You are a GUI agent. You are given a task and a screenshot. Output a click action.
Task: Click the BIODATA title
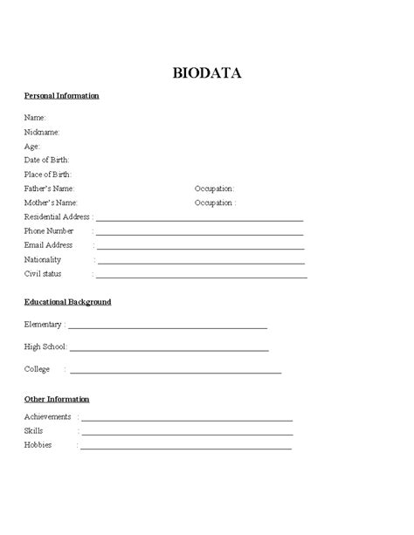207,73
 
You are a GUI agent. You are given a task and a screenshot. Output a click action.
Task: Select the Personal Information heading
61,95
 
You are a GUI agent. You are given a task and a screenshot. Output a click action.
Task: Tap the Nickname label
42,132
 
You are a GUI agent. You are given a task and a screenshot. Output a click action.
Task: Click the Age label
32,146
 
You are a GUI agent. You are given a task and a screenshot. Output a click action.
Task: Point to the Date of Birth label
46,160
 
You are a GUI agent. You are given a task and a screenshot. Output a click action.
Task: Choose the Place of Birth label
47,174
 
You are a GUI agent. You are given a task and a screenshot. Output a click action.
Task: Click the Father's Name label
49,189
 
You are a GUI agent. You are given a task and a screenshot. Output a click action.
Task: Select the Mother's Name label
50,202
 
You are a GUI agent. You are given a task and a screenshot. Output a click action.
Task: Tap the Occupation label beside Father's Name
214,189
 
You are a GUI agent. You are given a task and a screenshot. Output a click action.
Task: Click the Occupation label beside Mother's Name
214,202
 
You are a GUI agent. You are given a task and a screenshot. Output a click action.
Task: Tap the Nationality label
43,259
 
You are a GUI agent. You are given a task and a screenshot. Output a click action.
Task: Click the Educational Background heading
67,302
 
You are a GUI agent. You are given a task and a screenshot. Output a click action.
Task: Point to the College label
37,369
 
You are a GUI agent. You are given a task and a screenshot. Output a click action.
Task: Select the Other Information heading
57,399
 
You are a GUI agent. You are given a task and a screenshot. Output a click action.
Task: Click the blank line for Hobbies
186,449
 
